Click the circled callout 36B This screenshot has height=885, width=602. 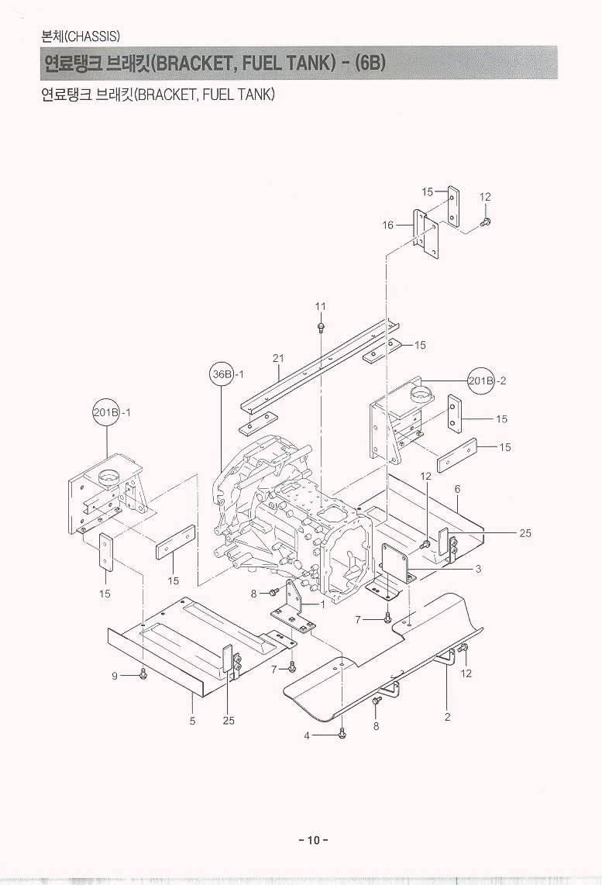coord(222,374)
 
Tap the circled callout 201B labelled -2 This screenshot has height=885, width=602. coord(481,381)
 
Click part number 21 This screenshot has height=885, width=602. coord(279,357)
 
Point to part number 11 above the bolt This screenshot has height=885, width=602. coord(320,307)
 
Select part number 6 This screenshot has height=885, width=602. coord(458,489)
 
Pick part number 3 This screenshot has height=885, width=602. coord(478,570)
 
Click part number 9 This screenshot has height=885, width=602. coord(115,676)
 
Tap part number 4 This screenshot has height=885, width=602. coord(307,735)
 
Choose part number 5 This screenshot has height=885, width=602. coord(192,721)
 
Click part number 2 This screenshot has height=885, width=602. coord(448,717)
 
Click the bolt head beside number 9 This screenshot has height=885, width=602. coord(144,675)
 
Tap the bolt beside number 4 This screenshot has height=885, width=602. coord(342,734)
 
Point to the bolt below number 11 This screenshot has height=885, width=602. coord(321,328)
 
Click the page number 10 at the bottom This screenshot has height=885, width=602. coord(313,840)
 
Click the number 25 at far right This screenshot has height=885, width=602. coord(525,533)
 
